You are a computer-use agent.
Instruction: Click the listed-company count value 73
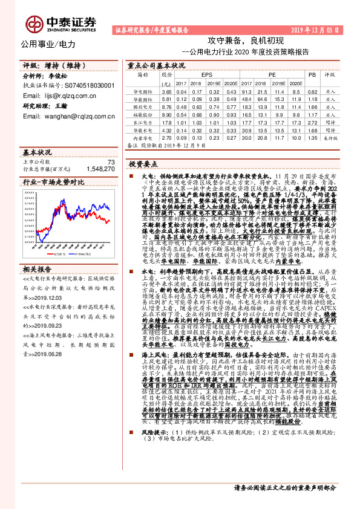point(110,161)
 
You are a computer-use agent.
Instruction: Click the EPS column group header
point(206,75)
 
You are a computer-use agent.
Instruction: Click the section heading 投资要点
point(143,164)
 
